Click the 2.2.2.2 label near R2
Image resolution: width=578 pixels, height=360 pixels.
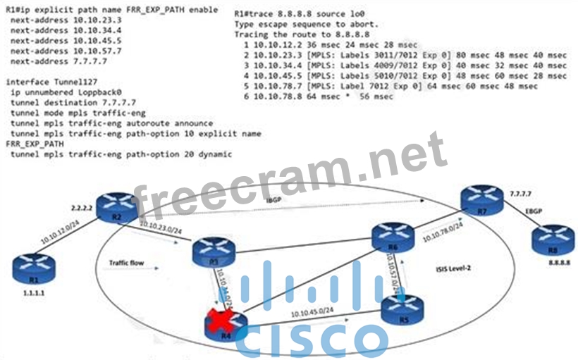pyautogui.click(x=84, y=209)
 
